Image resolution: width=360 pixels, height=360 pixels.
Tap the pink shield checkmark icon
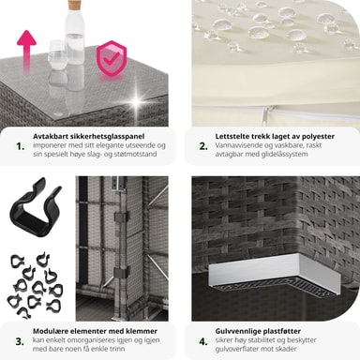[x=112, y=58]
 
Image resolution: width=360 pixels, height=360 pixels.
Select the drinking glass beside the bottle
[x=58, y=55]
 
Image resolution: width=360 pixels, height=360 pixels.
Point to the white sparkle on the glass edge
[x=136, y=101]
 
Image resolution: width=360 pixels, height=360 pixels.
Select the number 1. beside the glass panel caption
[x=21, y=146]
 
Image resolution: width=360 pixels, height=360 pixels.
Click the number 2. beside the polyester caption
[x=203, y=146]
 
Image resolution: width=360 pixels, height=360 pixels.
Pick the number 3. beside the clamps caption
[x=20, y=341]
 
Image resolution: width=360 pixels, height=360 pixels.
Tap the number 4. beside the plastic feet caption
[x=203, y=341]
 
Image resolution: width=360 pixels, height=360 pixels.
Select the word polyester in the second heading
[x=317, y=137]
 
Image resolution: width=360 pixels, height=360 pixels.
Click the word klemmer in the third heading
[x=142, y=331]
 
